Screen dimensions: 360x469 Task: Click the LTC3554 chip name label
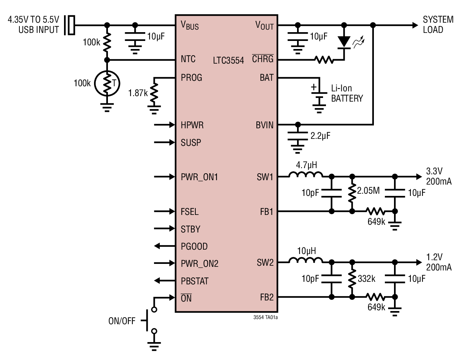228,60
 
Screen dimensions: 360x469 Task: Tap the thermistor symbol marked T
107,84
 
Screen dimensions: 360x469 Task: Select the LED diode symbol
344,42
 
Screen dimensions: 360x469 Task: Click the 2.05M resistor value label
368,190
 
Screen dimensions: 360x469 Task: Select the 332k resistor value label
367,278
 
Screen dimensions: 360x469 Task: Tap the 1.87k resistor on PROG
154,93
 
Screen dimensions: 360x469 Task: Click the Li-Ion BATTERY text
346,93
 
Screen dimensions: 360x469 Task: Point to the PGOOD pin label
194,246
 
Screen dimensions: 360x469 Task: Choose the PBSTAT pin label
194,281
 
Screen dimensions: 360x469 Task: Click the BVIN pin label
264,125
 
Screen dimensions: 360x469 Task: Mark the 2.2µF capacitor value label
320,136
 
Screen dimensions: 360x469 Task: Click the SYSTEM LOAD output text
438,24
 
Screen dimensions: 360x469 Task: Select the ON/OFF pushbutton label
122,321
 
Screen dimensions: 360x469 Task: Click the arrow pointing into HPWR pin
165,125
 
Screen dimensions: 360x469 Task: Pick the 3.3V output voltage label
434,171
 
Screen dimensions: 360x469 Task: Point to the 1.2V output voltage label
434,257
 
